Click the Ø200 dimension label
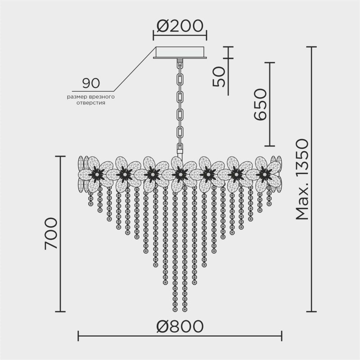tap(180, 27)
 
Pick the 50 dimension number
tap(219, 76)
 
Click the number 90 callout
tap(91, 83)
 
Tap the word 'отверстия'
tap(91, 103)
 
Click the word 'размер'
tap(76, 97)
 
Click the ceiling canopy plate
tap(180, 53)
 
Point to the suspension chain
tap(180, 103)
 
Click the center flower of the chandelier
tap(180, 173)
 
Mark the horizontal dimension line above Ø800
tap(180, 335)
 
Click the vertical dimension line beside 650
tap(270, 104)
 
